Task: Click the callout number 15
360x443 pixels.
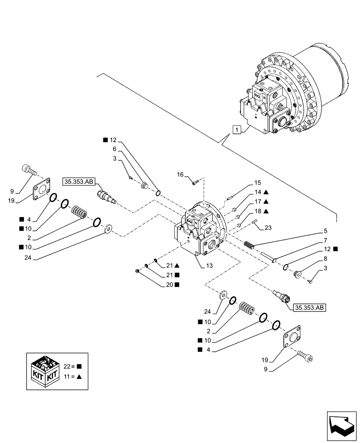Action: [258, 183]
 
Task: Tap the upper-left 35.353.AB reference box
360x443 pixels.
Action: [78, 181]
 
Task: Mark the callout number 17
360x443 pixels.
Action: [258, 202]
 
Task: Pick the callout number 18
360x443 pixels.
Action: [258, 212]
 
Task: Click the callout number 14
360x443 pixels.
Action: [258, 192]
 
